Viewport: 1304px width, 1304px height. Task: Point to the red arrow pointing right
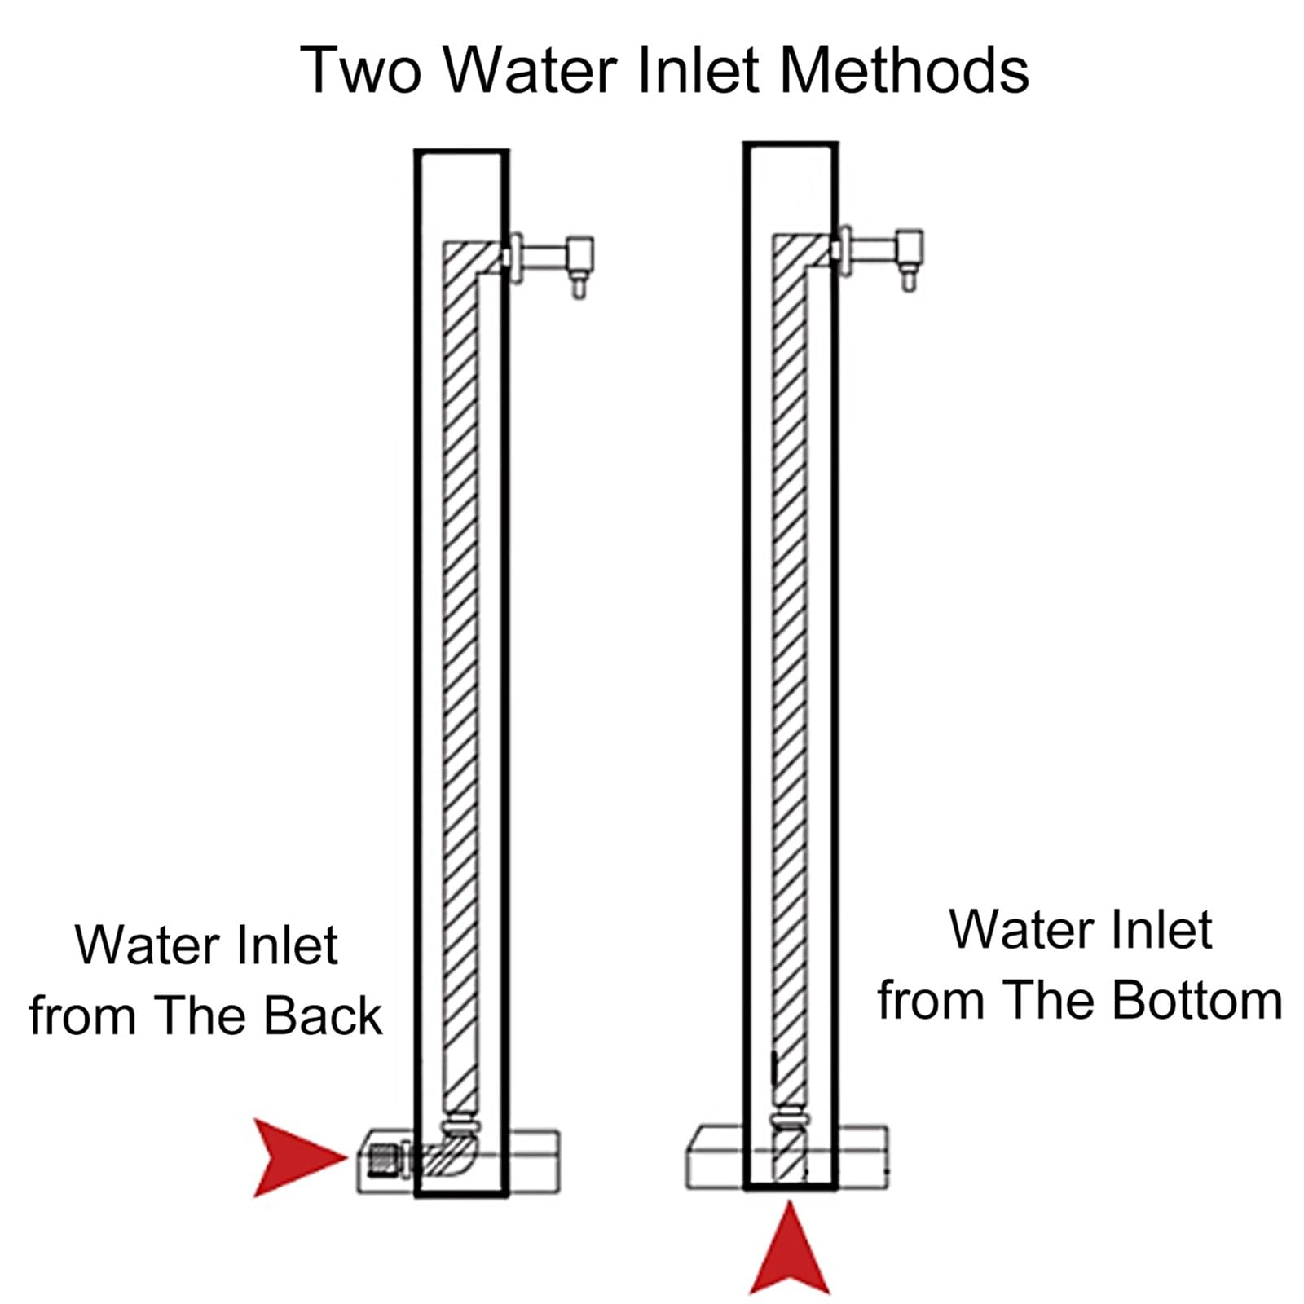click(x=297, y=1157)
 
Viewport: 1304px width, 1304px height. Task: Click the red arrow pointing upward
click(x=789, y=1249)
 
